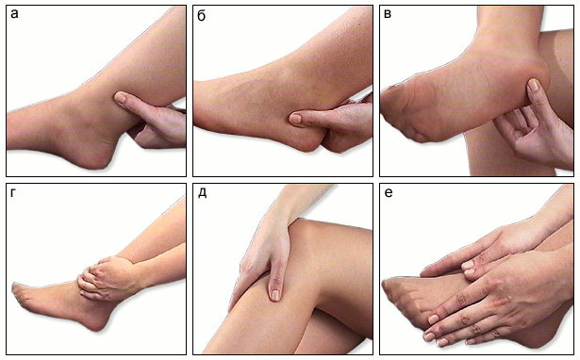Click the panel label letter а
(14, 15)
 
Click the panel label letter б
(202, 15)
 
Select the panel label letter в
(388, 14)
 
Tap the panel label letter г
(14, 193)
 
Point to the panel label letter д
(203, 193)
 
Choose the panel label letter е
(389, 193)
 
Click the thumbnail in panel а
(120, 97)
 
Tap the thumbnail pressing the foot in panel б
(295, 119)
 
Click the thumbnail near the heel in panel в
(533, 85)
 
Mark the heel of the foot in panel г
(94, 320)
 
